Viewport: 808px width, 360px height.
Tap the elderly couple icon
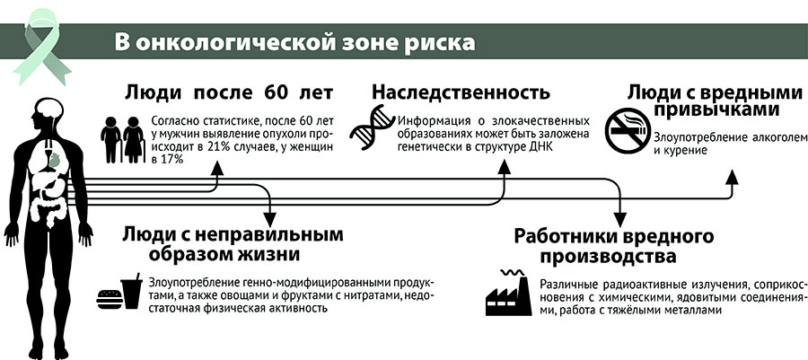pos(122,138)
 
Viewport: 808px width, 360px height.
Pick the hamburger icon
pos(109,299)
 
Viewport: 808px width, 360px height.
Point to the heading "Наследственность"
pos(461,93)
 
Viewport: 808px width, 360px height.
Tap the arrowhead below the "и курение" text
pos(731,177)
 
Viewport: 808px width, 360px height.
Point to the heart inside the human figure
pos(54,160)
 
